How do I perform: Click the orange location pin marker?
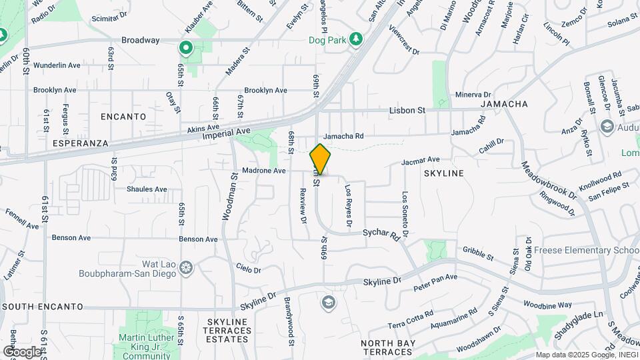coord(321,159)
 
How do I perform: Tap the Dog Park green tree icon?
coord(357,39)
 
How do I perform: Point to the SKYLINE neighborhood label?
coord(443,173)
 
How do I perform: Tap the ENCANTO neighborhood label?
coord(123,117)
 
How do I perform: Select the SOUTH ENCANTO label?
coord(43,307)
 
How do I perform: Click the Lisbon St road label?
coord(407,110)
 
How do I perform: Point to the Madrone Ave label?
coord(264,171)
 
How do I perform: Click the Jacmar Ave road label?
coord(420,161)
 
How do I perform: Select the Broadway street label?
coord(140,40)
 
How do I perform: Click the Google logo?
coord(21,351)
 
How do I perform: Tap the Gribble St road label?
coord(477,253)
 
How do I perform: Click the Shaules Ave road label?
coord(147,189)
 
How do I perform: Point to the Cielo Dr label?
coord(248,269)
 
